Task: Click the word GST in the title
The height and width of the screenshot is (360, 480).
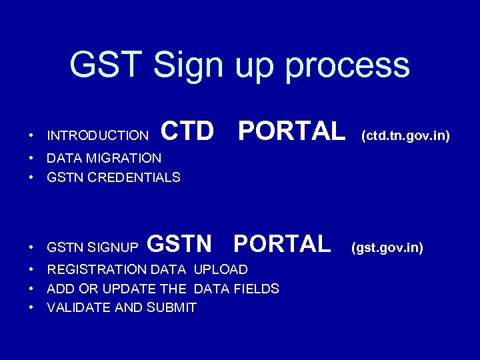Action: pyautogui.click(x=106, y=65)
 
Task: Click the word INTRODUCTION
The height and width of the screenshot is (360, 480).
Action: pyautogui.click(x=98, y=136)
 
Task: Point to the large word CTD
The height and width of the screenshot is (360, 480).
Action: pyautogui.click(x=188, y=132)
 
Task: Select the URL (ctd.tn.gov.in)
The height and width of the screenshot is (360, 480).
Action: pyautogui.click(x=405, y=136)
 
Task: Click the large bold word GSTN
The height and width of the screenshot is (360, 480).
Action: pyautogui.click(x=179, y=244)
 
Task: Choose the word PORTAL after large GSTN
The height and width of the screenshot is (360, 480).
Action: pyautogui.click(x=281, y=244)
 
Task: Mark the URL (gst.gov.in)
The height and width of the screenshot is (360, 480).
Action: pyautogui.click(x=387, y=248)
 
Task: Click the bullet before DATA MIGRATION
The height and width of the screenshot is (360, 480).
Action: pyautogui.click(x=31, y=159)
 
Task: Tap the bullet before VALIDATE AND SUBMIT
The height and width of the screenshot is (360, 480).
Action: pyautogui.click(x=31, y=308)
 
